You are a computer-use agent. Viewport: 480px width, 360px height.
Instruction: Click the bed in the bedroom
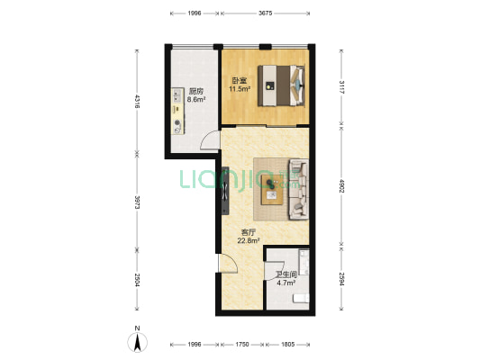tap(281, 85)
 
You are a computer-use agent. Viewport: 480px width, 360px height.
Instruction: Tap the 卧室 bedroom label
tap(239, 81)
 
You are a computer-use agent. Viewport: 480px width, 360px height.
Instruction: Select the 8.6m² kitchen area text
tap(196, 99)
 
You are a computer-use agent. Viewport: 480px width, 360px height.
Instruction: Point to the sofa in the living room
tap(299, 189)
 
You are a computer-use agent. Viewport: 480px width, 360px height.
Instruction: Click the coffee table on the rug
tap(272, 190)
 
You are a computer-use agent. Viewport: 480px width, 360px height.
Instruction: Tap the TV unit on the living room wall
tap(225, 191)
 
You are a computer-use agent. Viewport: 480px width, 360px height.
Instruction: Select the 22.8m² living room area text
tap(249, 240)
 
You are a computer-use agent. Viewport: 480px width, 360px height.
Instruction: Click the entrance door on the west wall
tap(228, 264)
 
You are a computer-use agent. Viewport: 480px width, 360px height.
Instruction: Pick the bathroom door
tap(274, 270)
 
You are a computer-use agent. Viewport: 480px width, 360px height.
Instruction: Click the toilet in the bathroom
tap(301, 298)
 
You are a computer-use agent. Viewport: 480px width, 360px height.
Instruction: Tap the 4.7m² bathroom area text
tap(285, 283)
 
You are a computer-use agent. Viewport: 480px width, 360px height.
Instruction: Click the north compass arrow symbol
tap(138, 342)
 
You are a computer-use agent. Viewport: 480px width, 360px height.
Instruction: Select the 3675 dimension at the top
tap(265, 13)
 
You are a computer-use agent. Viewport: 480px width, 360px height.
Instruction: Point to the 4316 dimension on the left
tap(138, 101)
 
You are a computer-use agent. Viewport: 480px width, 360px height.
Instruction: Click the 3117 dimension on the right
tap(341, 87)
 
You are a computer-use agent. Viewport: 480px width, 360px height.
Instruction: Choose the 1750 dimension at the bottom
tap(242, 345)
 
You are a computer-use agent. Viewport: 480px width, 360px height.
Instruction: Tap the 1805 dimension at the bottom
tap(288, 345)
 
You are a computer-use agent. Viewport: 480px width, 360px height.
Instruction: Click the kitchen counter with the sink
tap(177, 111)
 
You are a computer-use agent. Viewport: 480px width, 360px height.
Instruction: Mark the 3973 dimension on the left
tap(138, 202)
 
